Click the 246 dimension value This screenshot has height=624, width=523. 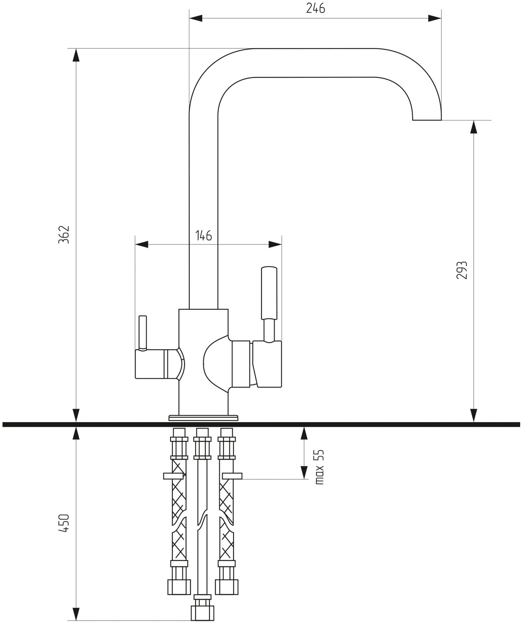tap(315, 8)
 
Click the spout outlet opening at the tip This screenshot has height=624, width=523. tap(427, 120)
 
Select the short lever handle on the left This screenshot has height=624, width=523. tap(143, 332)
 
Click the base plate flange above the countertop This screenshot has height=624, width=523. tap(204, 418)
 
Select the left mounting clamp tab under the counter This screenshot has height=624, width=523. tap(173, 484)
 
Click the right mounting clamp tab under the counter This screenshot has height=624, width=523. tap(233, 484)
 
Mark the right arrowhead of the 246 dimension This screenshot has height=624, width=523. tap(435, 18)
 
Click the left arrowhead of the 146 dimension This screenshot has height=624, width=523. tap(142, 244)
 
